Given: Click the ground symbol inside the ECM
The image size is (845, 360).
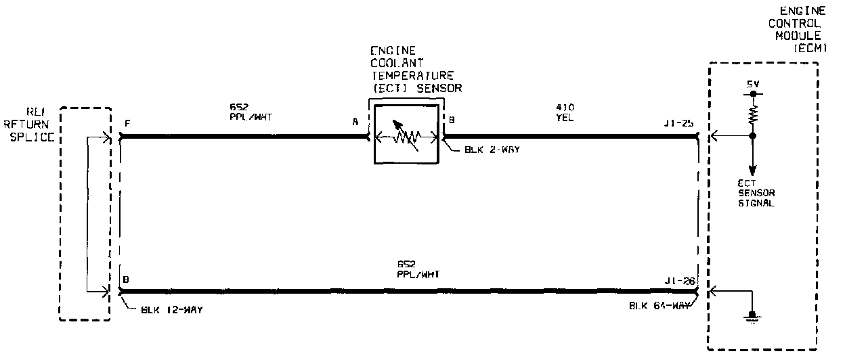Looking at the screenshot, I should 750,316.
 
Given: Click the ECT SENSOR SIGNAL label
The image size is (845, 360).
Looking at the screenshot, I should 756,193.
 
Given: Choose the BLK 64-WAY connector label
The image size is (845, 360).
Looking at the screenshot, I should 659,305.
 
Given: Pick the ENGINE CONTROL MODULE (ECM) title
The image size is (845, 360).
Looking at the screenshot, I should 802,30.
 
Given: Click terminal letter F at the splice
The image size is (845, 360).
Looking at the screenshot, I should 127,123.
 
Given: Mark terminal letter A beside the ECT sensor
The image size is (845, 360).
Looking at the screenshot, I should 355,123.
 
